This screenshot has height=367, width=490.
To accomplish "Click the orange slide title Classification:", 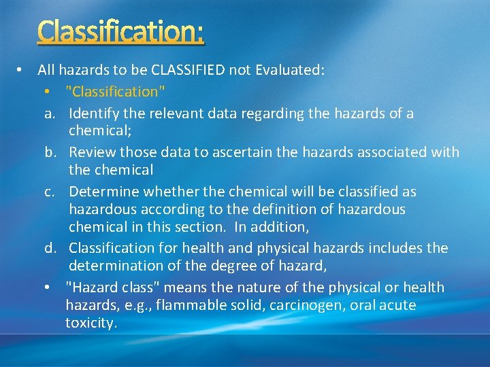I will click(120, 32).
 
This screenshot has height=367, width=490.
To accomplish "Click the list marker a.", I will click(50, 113).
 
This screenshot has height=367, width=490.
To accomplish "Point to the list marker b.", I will click(50, 153).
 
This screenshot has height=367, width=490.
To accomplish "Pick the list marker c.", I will click(50, 192).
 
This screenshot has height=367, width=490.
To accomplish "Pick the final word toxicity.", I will click(91, 324).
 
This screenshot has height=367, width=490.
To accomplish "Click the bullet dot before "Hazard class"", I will click(46, 288).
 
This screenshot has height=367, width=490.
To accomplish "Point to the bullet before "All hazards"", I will click(21, 69).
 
